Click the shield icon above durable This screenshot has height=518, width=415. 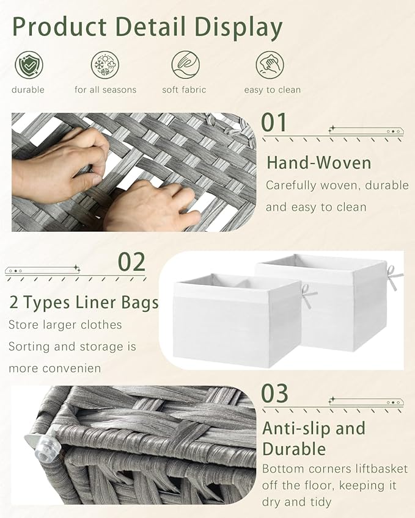point(29,65)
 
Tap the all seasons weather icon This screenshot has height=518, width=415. point(105,65)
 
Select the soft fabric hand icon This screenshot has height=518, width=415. point(185,65)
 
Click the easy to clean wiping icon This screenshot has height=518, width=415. point(270,65)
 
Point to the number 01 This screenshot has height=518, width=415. point(274,122)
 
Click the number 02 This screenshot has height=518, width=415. point(131,262)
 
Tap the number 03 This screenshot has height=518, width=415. point(274,393)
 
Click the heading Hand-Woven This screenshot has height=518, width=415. point(318,163)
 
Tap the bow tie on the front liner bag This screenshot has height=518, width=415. point(308,295)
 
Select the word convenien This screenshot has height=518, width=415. point(78,369)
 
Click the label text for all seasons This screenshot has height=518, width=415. point(105,90)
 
